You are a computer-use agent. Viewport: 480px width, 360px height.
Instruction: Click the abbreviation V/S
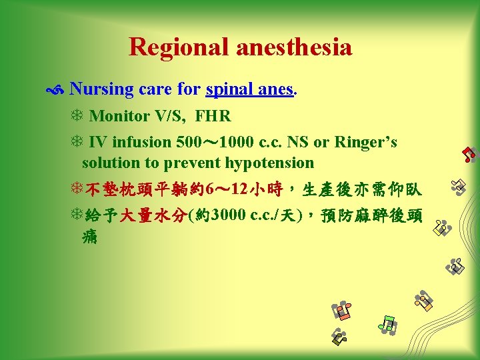pyautogui.click(x=169, y=117)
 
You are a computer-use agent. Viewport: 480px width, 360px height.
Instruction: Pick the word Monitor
pyautogui.click(x=119, y=117)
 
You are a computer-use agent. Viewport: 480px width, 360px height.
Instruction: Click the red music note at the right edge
pyautogui.click(x=469, y=155)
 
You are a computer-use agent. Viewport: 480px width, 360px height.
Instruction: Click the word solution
pyautogui.click(x=113, y=163)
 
